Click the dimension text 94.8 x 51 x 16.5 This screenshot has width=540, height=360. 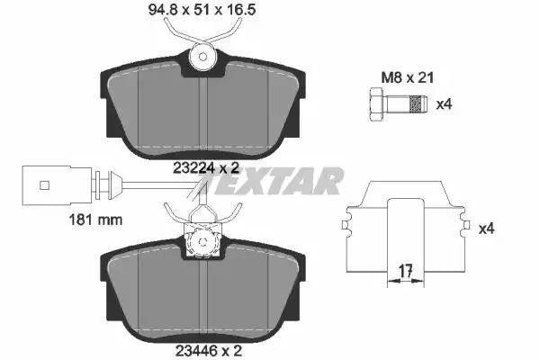202,10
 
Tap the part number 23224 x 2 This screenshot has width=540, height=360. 206,168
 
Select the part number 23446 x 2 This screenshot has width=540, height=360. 209,351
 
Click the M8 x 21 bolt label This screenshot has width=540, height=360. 408,77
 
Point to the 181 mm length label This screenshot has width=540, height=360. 95,220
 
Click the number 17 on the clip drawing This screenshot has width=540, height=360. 406,272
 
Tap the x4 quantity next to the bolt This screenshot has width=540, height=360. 444,104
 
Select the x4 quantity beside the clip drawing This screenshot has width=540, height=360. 486,229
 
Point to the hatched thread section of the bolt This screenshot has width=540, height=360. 416,104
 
